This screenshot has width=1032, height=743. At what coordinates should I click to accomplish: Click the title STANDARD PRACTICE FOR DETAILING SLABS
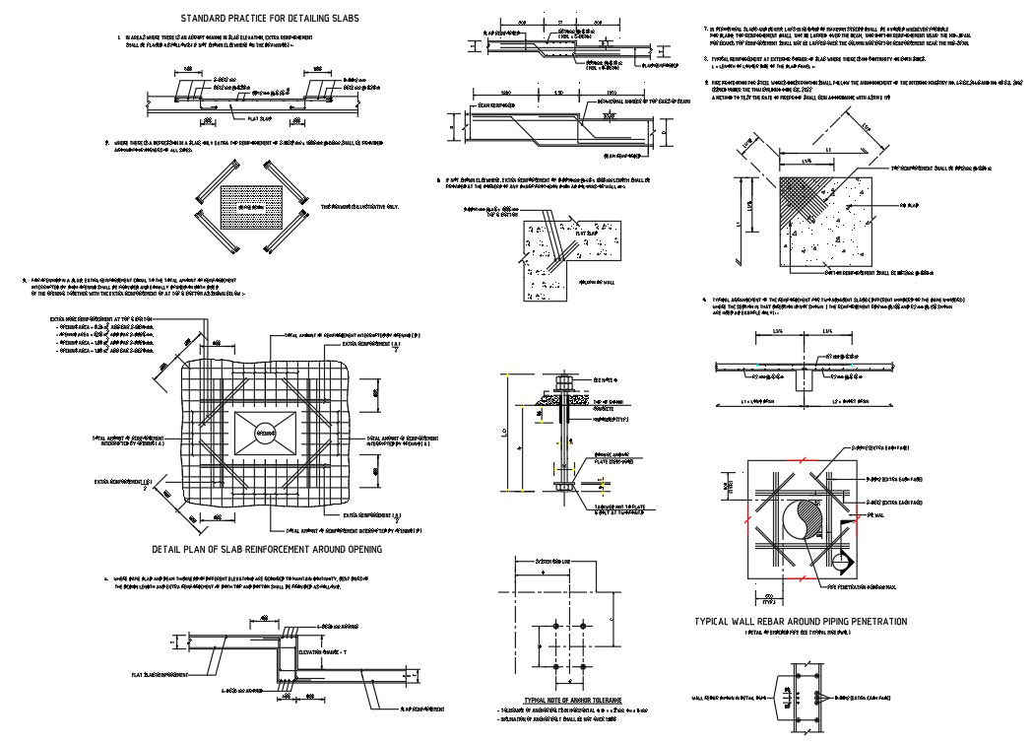(269, 19)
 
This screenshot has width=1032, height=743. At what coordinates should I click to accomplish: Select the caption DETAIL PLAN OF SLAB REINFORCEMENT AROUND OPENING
(267, 549)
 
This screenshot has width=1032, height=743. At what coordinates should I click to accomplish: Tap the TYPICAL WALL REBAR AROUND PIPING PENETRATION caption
(801, 622)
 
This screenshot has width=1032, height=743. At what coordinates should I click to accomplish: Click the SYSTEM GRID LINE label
(558, 561)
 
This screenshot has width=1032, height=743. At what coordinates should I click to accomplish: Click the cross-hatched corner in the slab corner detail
(804, 203)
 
